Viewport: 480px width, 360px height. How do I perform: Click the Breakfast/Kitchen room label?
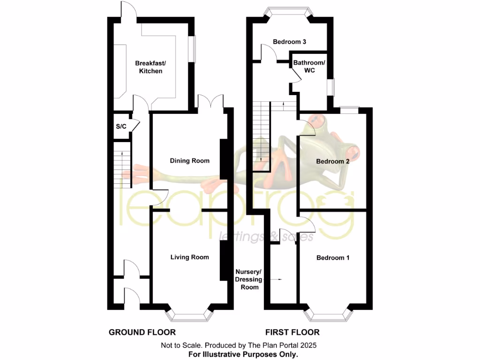tap(149, 67)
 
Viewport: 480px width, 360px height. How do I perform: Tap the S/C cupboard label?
tap(121, 127)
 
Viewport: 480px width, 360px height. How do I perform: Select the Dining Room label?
tap(189, 161)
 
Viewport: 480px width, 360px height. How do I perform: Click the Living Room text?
tap(189, 257)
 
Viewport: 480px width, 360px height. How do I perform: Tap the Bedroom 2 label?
tap(333, 161)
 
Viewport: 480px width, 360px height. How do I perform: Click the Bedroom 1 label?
tap(333, 257)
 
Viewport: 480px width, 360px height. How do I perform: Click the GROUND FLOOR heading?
tap(142, 332)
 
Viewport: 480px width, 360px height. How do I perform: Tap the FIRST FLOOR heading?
tap(292, 332)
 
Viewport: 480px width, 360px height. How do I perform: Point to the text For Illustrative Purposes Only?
tap(243, 354)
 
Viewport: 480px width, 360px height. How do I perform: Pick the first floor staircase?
tap(259, 136)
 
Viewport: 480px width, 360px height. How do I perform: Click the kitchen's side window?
tap(192, 49)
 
